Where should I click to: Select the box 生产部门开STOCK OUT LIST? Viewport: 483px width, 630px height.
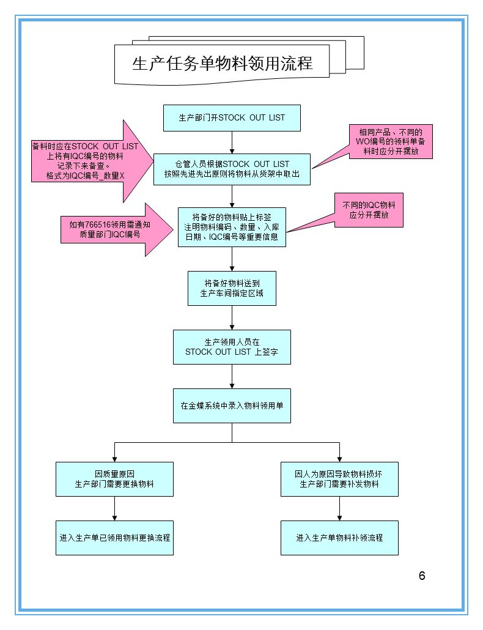tap(232, 117)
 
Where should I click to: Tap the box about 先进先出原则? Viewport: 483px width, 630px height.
tap(232, 169)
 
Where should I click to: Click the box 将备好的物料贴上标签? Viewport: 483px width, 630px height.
tap(232, 227)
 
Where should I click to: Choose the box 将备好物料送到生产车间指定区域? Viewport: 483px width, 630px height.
tap(232, 288)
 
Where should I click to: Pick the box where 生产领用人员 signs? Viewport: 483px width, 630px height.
tap(232, 347)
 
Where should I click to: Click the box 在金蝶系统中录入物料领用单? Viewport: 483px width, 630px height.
tap(232, 406)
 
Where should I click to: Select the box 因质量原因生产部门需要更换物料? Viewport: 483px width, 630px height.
tap(114, 479)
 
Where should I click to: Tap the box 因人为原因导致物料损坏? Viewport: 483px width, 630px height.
tap(339, 479)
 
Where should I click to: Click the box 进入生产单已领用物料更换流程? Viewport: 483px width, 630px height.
tap(114, 538)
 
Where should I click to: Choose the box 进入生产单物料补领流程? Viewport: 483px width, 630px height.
tap(339, 538)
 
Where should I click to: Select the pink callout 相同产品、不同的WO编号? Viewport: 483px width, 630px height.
tap(391, 142)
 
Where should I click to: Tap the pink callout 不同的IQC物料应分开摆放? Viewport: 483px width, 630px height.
tap(369, 210)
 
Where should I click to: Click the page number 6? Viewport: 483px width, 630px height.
tap(422, 576)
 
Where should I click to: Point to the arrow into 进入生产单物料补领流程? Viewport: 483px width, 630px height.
tap(339, 509)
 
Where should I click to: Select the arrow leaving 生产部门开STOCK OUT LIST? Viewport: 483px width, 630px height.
tap(232, 142)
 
